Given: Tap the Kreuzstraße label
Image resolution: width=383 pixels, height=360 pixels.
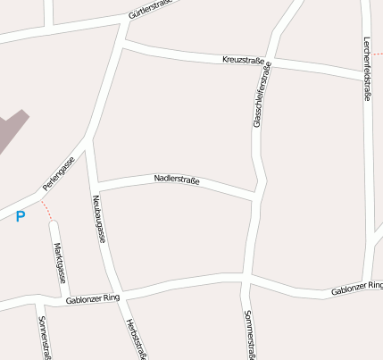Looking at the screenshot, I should (x=243, y=61).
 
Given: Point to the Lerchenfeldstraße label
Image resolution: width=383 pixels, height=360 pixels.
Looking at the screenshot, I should (x=367, y=68).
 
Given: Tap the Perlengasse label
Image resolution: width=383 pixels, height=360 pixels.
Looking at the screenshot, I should (x=56, y=174).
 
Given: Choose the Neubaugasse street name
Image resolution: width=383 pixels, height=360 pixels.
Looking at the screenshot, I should (x=99, y=220).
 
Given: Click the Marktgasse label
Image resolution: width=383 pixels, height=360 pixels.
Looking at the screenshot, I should (x=59, y=262).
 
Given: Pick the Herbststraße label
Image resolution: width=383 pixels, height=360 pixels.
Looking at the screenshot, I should (x=136, y=339).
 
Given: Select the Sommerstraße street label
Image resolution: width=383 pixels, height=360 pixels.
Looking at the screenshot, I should (x=249, y=336).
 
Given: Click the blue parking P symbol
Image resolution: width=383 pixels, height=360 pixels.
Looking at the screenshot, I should (x=20, y=216).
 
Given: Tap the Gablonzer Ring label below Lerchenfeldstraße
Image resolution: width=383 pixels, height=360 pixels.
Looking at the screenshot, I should (x=356, y=289).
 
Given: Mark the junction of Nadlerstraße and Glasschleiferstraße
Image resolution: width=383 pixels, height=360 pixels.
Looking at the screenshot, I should (x=258, y=194).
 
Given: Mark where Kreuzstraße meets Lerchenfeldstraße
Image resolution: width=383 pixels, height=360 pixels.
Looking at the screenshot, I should (x=367, y=76).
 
